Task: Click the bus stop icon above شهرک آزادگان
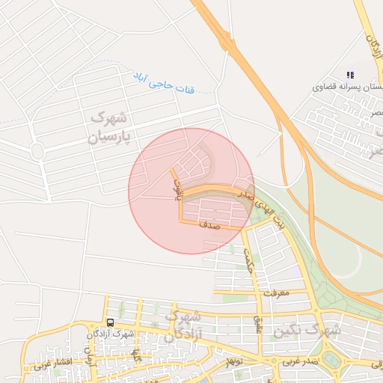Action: click(x=111, y=322)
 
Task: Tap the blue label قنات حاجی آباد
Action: click(x=164, y=83)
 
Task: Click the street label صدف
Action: click(x=209, y=224)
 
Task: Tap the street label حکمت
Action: click(x=248, y=261)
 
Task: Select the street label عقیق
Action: click(x=260, y=322)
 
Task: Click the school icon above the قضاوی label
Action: click(x=349, y=75)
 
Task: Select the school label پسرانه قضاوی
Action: click(x=348, y=87)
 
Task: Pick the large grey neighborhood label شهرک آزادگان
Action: click(x=182, y=327)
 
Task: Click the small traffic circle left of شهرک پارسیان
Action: click(x=37, y=151)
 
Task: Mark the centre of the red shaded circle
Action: click(x=191, y=191)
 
